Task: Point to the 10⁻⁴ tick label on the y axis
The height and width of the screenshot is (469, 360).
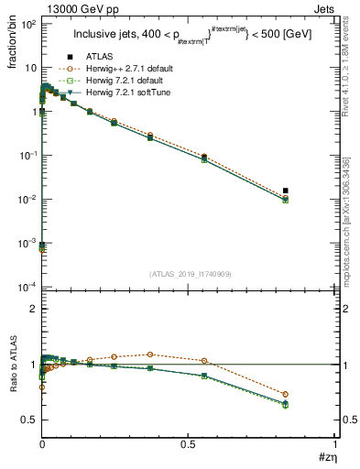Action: coord(27,287)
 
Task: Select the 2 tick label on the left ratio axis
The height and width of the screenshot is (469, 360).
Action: coord(32,309)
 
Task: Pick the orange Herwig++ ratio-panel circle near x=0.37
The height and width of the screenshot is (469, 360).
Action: coord(150,354)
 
